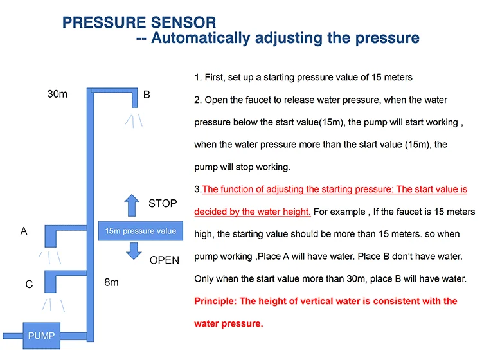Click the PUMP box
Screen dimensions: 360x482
(x=41, y=335)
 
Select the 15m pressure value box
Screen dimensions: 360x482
(x=140, y=231)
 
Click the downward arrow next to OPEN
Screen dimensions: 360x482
(x=133, y=251)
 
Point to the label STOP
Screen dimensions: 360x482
(x=163, y=204)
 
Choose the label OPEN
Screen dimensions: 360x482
(x=165, y=260)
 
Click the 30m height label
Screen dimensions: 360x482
(x=58, y=94)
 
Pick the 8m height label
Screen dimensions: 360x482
(x=111, y=282)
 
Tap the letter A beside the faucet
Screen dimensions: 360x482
(x=24, y=231)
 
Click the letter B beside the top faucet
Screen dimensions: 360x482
(x=147, y=94)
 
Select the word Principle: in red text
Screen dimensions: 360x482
(x=215, y=301)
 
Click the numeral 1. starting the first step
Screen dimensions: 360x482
(x=198, y=78)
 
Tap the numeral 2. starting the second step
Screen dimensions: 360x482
(x=198, y=100)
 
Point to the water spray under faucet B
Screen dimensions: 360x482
(x=134, y=120)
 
